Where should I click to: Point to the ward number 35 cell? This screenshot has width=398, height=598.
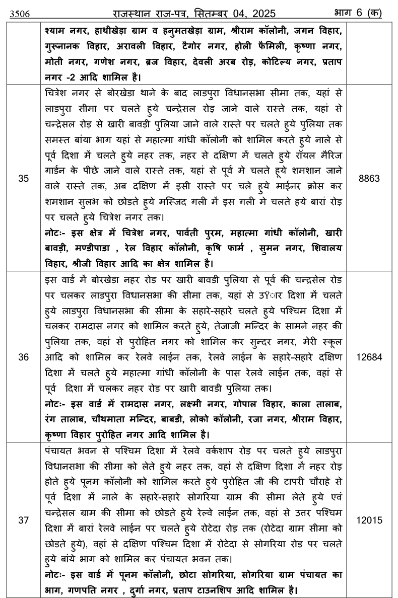point(23,178)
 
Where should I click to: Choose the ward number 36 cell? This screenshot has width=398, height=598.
point(23,356)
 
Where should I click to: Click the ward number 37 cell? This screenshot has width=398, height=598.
point(23,521)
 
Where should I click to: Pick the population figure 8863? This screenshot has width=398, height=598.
point(371,178)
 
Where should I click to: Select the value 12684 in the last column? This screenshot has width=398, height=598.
point(371,356)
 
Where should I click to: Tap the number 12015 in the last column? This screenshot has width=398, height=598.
point(371,521)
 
